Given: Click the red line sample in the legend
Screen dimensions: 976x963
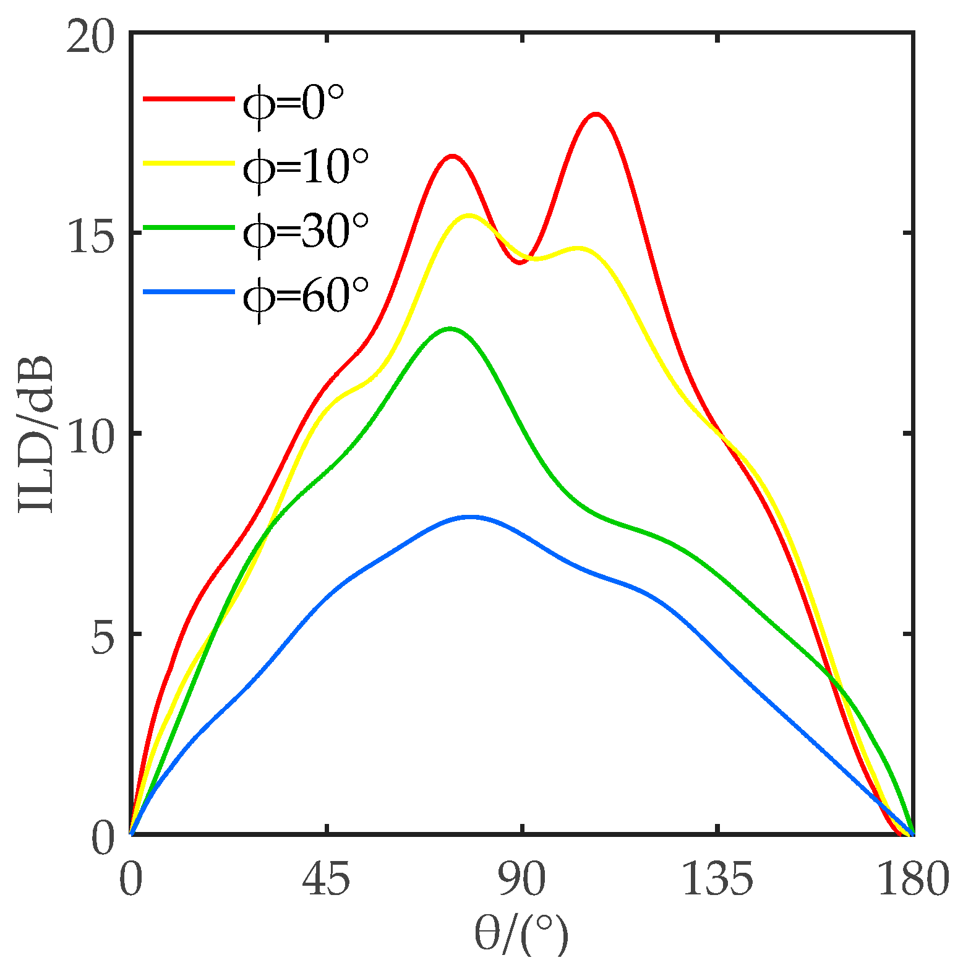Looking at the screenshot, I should [189, 99].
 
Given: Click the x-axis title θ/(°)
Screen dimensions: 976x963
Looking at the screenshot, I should [521, 935].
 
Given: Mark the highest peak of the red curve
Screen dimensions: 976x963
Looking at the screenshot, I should [596, 114].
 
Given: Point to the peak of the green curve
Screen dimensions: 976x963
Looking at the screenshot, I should [450, 328].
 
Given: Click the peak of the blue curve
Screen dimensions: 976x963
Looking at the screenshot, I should [471, 517].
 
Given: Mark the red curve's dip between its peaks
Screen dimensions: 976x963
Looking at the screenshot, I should [521, 263].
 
